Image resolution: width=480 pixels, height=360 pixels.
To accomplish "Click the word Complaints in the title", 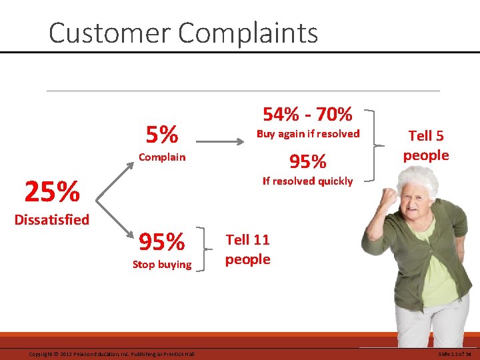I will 254,33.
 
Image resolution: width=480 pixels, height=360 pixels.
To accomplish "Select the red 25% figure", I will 52,192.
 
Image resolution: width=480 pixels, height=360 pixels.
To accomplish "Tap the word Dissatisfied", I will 52,219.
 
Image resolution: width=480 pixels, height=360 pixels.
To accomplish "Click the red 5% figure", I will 162,135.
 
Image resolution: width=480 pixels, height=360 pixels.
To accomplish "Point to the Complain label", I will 162,157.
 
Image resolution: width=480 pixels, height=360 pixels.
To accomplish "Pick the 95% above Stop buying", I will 162,242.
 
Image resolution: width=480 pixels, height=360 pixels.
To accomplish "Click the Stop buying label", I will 162,265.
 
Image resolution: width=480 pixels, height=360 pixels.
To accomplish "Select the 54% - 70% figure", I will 307,114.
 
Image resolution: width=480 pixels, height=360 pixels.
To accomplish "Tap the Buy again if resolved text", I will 307,134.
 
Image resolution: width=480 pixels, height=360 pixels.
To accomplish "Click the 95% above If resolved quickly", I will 307,161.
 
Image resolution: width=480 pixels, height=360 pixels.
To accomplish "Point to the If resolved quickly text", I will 307,181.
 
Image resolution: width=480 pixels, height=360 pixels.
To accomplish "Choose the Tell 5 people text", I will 425,145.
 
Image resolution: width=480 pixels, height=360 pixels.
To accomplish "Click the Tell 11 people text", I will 247,249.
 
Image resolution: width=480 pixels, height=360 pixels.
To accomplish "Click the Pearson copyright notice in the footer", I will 111,354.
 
